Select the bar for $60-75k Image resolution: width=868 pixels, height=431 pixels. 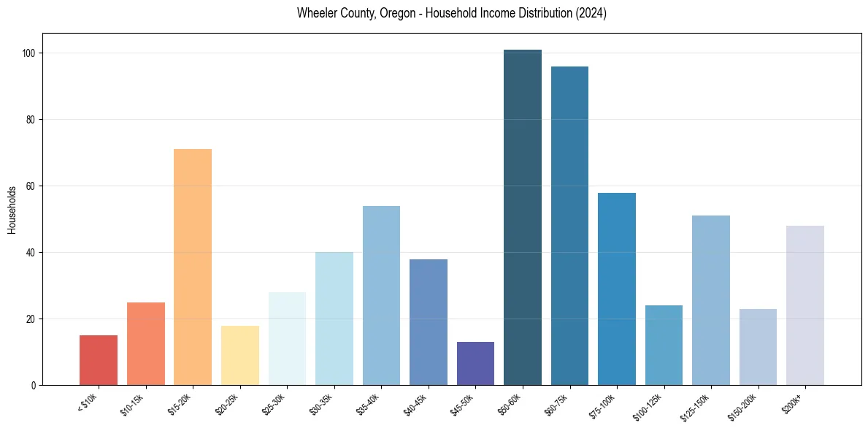(x=569, y=226)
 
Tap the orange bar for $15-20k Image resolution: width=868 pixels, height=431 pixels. (x=193, y=267)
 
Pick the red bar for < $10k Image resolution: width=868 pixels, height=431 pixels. (x=99, y=360)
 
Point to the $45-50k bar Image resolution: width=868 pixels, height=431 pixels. (x=475, y=363)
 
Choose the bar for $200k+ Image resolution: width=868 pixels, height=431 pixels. (x=804, y=305)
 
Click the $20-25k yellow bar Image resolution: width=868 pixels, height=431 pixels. (x=240, y=355)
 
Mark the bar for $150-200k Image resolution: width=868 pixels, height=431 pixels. (x=758, y=347)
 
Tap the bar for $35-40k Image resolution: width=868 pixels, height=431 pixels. (x=381, y=295)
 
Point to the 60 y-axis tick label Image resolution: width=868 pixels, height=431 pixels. (x=34, y=186)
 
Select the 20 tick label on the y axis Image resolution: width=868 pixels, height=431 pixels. (x=34, y=319)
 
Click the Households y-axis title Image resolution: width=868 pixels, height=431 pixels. (x=12, y=209)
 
